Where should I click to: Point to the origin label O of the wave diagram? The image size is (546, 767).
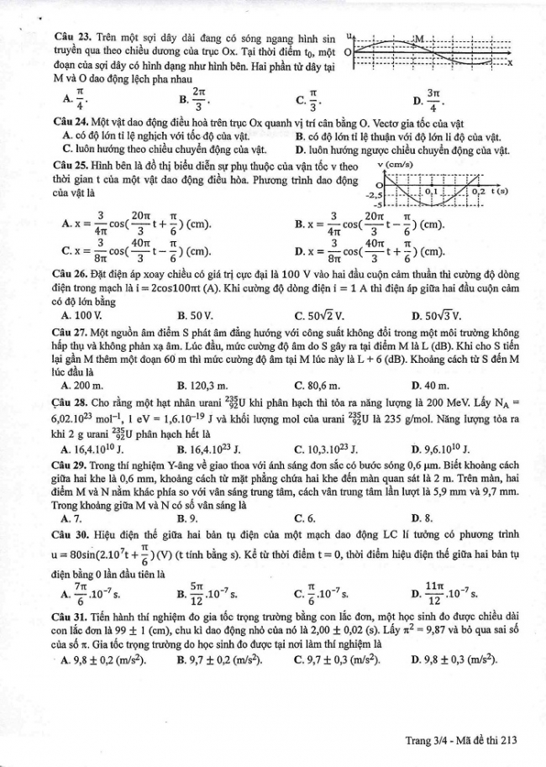tap(347, 52)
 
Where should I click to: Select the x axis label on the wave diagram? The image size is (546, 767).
tap(510, 64)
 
